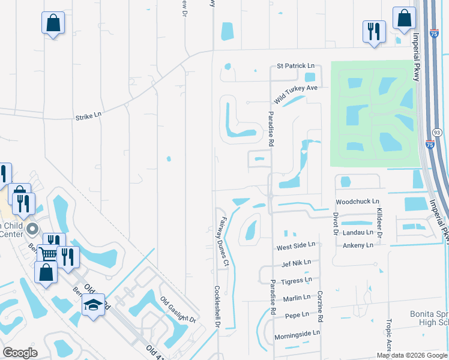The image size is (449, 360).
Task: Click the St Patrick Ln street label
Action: pos(295,65)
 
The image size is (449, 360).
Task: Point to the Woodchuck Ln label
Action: pos(358,202)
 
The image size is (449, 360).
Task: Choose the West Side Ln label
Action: pos(295,246)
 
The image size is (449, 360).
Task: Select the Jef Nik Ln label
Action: pos(296,263)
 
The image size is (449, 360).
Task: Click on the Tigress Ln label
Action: pos(297,280)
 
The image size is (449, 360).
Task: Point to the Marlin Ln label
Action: pos(298,297)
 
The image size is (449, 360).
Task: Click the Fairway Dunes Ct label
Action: pos(222,242)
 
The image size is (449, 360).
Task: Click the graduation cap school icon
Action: pos(94,305)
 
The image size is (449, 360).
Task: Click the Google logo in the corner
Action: pos(20,353)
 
